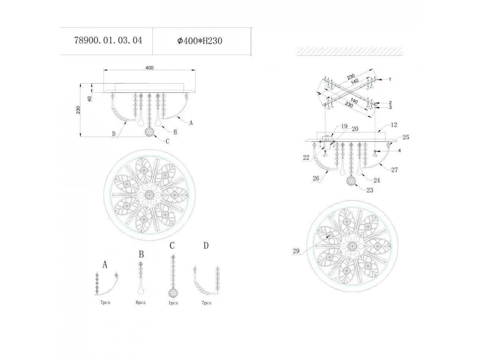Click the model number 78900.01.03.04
pos(108,40)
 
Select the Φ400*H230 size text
pos(200,41)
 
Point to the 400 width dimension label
pos(149,68)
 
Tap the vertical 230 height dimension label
pos(78,110)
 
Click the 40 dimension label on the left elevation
pos(89,99)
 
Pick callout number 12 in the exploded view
pos(394,125)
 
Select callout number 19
pos(344,126)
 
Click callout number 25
pos(406,137)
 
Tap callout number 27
pos(394,170)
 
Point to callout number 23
pos(370,190)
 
